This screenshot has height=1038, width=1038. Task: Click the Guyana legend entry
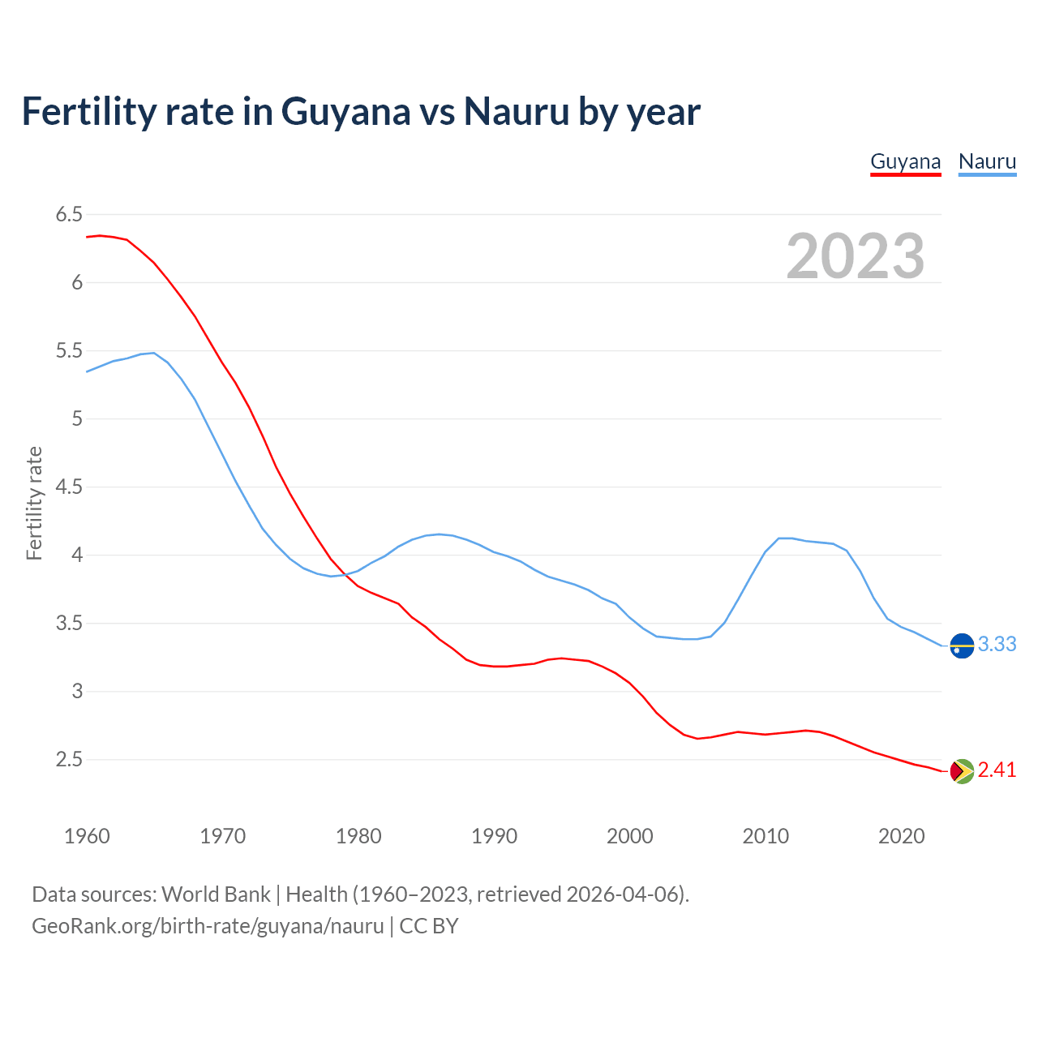(905, 161)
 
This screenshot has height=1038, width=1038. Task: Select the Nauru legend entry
(987, 161)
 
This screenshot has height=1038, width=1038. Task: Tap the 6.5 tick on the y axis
(69, 215)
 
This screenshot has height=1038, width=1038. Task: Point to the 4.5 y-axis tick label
(69, 487)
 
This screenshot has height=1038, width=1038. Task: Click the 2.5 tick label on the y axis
(69, 760)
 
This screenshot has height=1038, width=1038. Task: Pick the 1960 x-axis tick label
(87, 836)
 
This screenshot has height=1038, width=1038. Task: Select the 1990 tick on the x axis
(494, 836)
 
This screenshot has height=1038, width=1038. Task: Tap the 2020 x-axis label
(901, 836)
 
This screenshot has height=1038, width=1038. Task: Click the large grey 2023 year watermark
(856, 256)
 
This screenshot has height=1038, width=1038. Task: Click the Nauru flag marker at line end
(962, 646)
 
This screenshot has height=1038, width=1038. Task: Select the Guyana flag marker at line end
(962, 771)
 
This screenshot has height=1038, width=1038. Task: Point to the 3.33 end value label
(997, 644)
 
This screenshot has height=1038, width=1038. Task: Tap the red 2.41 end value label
(997, 770)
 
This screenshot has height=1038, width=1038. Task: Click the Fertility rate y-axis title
(34, 503)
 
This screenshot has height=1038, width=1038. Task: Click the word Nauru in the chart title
(517, 112)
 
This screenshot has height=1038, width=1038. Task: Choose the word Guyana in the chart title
(345, 112)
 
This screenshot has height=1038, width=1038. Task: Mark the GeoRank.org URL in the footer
(208, 926)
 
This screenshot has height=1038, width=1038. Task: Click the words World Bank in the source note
(216, 894)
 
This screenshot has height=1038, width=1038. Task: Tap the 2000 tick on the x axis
(629, 836)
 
